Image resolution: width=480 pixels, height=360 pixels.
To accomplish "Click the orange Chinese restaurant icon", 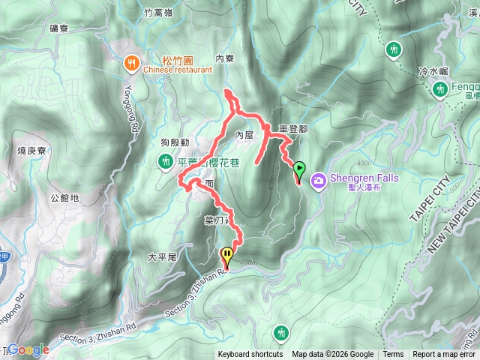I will pyautogui.click(x=131, y=63).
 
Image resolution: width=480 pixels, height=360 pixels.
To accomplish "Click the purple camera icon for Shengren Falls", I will pyautogui.click(x=318, y=180).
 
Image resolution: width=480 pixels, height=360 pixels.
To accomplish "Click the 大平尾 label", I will pyautogui.click(x=161, y=256).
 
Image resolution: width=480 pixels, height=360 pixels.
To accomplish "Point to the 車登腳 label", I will pyautogui.click(x=292, y=129).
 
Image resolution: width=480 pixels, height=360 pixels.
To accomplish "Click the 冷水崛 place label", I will pyautogui.click(x=433, y=70).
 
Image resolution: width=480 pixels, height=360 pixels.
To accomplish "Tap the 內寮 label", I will pyautogui.click(x=225, y=58).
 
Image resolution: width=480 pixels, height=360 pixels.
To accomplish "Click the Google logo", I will pyautogui.click(x=28, y=349).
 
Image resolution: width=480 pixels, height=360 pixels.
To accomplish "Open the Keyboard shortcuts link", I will pyautogui.click(x=250, y=355).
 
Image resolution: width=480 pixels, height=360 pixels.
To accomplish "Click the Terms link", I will pyautogui.click(x=393, y=355).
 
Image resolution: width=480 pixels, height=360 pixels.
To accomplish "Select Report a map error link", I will pyautogui.click(x=445, y=355).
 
